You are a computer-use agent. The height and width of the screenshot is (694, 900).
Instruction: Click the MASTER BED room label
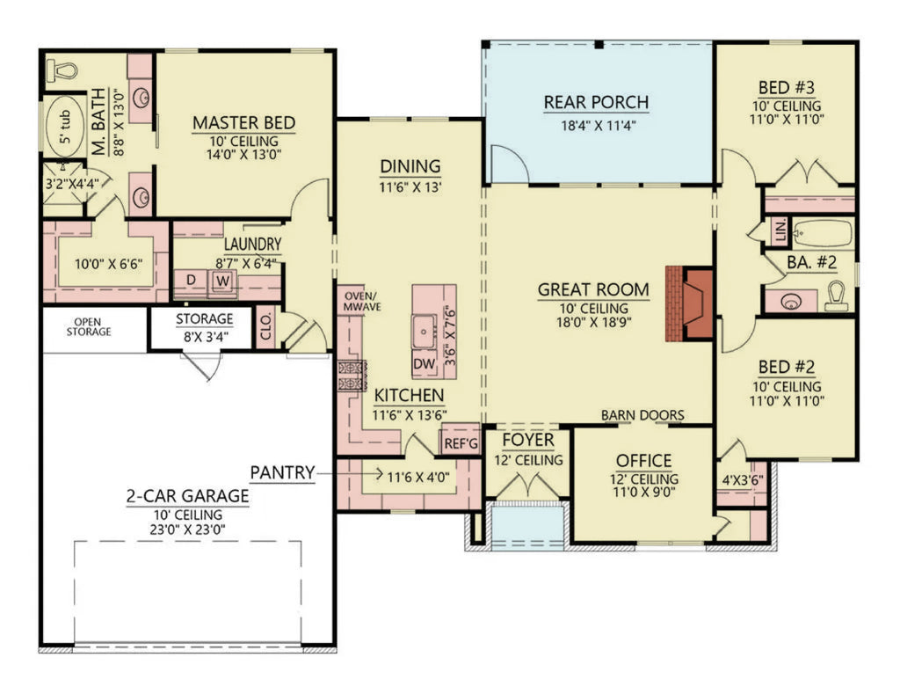tap(243, 122)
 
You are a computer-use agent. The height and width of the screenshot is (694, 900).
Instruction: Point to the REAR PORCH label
tap(596, 103)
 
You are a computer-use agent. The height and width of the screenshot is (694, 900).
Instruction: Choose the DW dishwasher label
tap(424, 362)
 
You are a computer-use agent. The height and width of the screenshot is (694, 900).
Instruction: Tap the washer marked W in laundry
tap(223, 281)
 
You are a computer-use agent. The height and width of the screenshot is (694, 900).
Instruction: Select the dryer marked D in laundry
tap(191, 281)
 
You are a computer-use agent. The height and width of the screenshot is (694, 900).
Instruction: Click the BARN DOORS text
tap(642, 415)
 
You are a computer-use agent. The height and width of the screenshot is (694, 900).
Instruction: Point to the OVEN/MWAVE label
tap(359, 300)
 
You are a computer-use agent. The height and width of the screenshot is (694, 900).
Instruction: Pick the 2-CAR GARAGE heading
tap(185, 496)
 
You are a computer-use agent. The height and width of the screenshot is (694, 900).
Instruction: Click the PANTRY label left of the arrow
tap(281, 472)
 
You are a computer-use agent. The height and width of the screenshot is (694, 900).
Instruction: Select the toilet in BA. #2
tap(837, 296)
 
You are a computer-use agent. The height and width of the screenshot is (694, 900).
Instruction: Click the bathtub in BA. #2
tap(822, 233)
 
